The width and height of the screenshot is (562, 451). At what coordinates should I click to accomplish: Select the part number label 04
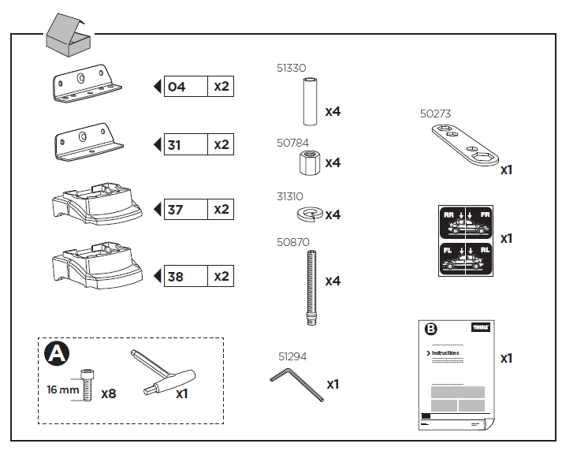point(177,87)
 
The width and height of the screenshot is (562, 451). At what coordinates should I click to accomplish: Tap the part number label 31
point(175,145)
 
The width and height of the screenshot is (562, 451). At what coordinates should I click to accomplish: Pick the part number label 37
point(175,210)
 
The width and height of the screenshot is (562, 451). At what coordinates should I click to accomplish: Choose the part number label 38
point(175,277)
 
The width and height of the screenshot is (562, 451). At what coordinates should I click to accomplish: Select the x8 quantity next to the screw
point(109,392)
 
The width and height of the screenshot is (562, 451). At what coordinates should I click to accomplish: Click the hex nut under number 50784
point(307,165)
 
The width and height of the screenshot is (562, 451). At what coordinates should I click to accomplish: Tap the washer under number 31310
point(309,214)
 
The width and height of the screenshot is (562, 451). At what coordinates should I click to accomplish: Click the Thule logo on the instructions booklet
point(479,327)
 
